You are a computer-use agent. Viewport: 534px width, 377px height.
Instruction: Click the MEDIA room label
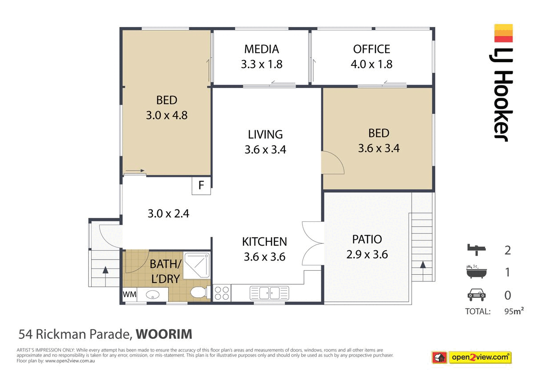261,49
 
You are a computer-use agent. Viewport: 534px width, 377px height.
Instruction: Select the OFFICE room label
372,49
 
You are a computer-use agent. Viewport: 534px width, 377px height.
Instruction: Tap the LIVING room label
265,134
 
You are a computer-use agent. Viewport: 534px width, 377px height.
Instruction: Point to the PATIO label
367,239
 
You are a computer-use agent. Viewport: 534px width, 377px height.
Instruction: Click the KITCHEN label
264,242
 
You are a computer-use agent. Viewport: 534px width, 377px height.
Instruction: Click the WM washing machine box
129,294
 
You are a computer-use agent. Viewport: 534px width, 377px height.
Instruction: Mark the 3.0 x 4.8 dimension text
166,116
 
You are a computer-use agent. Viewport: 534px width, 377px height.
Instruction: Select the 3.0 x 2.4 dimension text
168,213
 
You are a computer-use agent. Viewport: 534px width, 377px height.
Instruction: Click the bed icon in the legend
476,249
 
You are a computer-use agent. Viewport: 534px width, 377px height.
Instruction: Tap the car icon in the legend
476,295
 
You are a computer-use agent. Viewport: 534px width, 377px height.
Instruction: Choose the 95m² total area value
514,311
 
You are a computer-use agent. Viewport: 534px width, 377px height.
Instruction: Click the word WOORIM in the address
164,333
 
